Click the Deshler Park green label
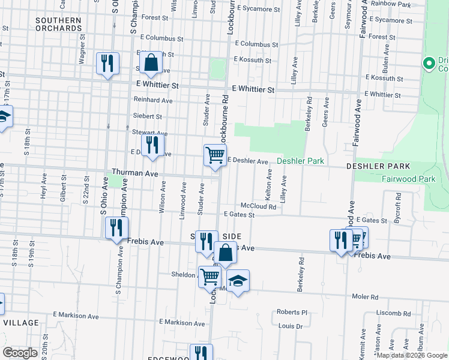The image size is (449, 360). click(x=300, y=161)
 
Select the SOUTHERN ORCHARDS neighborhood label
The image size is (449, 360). click(x=58, y=24)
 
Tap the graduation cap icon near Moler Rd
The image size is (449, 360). click(x=238, y=281)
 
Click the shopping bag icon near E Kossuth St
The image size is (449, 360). click(x=151, y=62)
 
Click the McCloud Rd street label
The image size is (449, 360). click(x=258, y=206)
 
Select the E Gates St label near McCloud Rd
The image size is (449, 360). click(x=239, y=214)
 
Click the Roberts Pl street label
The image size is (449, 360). click(x=292, y=312)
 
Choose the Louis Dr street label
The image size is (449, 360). click(x=291, y=326)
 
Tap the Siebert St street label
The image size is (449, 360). click(x=147, y=116)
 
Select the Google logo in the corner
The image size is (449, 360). click(x=20, y=353)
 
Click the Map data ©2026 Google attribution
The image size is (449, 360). click(x=411, y=355)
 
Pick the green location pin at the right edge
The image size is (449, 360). click(x=429, y=63)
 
